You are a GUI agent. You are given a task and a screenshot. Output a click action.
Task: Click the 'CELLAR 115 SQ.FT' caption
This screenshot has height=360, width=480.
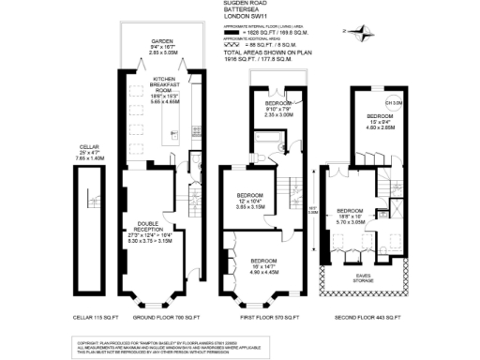click(94, 319)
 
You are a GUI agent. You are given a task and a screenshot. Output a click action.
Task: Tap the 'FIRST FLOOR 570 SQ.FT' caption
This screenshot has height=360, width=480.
click(266, 319)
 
